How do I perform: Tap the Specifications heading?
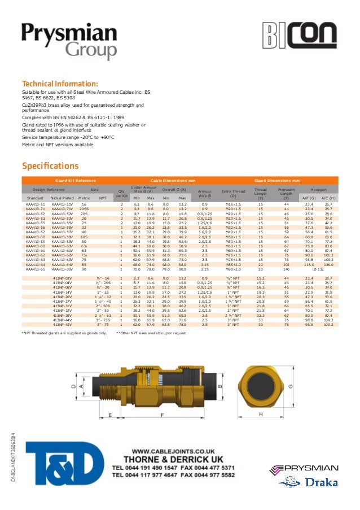[50, 166]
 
